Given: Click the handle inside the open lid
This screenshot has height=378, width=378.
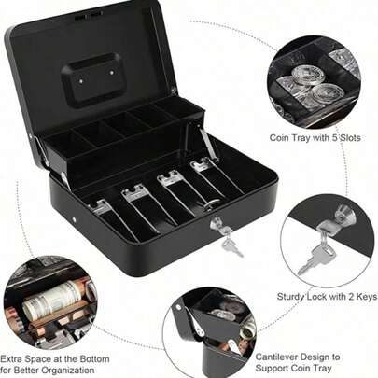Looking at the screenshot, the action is pyautogui.click(x=91, y=79).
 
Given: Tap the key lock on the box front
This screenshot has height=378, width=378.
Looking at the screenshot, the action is pyautogui.click(x=216, y=225).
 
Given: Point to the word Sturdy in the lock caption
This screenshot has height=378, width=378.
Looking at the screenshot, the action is pyautogui.click(x=290, y=297).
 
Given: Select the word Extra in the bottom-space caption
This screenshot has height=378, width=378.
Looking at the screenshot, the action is pyautogui.click(x=11, y=359).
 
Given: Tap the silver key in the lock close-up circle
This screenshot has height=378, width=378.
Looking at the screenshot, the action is pyautogui.click(x=315, y=254).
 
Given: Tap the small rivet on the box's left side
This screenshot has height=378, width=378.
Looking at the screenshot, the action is pyautogui.click(x=75, y=219).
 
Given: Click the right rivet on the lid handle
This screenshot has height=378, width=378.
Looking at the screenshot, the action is pyautogui.click(x=111, y=73).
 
